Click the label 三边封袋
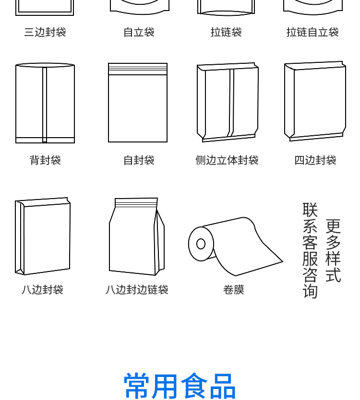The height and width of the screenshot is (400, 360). (x=45, y=32)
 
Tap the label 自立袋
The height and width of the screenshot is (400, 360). (x=139, y=32)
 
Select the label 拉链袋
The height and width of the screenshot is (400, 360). (x=226, y=32)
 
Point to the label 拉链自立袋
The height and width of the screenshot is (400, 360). (x=312, y=32)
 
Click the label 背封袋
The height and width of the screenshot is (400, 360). (x=45, y=160)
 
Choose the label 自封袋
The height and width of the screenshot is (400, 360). (x=139, y=160)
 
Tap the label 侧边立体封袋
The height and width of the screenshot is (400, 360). (x=227, y=160)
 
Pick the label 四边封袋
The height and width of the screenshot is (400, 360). (x=315, y=160)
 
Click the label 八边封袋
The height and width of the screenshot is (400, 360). (x=42, y=290)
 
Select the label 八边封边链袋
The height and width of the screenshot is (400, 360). (x=137, y=290)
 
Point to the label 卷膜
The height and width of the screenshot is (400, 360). (x=234, y=290)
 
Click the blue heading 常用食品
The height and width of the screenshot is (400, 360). (x=180, y=386)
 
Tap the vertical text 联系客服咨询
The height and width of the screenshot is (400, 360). (x=310, y=250)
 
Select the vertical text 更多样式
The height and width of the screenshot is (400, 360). (x=333, y=250)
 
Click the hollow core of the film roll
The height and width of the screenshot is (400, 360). (x=201, y=244)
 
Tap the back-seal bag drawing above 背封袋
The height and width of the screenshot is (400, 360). (x=45, y=103)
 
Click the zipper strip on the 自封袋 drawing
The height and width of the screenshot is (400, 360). (x=138, y=69)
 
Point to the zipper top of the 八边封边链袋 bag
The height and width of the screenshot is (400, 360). (x=136, y=202)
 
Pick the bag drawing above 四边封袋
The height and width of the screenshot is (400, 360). (x=315, y=101)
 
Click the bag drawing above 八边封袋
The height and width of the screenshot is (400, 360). (x=43, y=236)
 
